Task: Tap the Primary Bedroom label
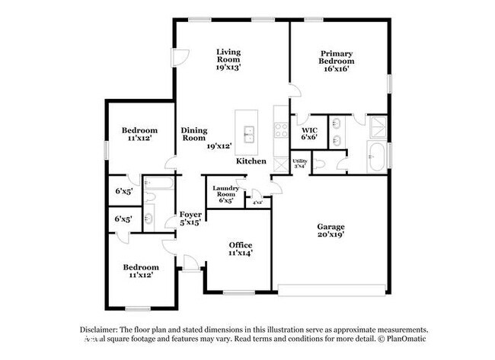coord(337,57)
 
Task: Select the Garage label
coord(331,227)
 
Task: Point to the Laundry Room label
coord(225,191)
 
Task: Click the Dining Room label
coord(193,134)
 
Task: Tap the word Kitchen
coord(251,161)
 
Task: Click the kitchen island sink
coord(247,135)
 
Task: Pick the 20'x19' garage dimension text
coord(331,236)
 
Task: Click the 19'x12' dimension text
coord(219,145)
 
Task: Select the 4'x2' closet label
coord(257,202)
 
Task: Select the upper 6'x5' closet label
coord(123,191)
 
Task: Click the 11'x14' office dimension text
coord(241,253)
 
